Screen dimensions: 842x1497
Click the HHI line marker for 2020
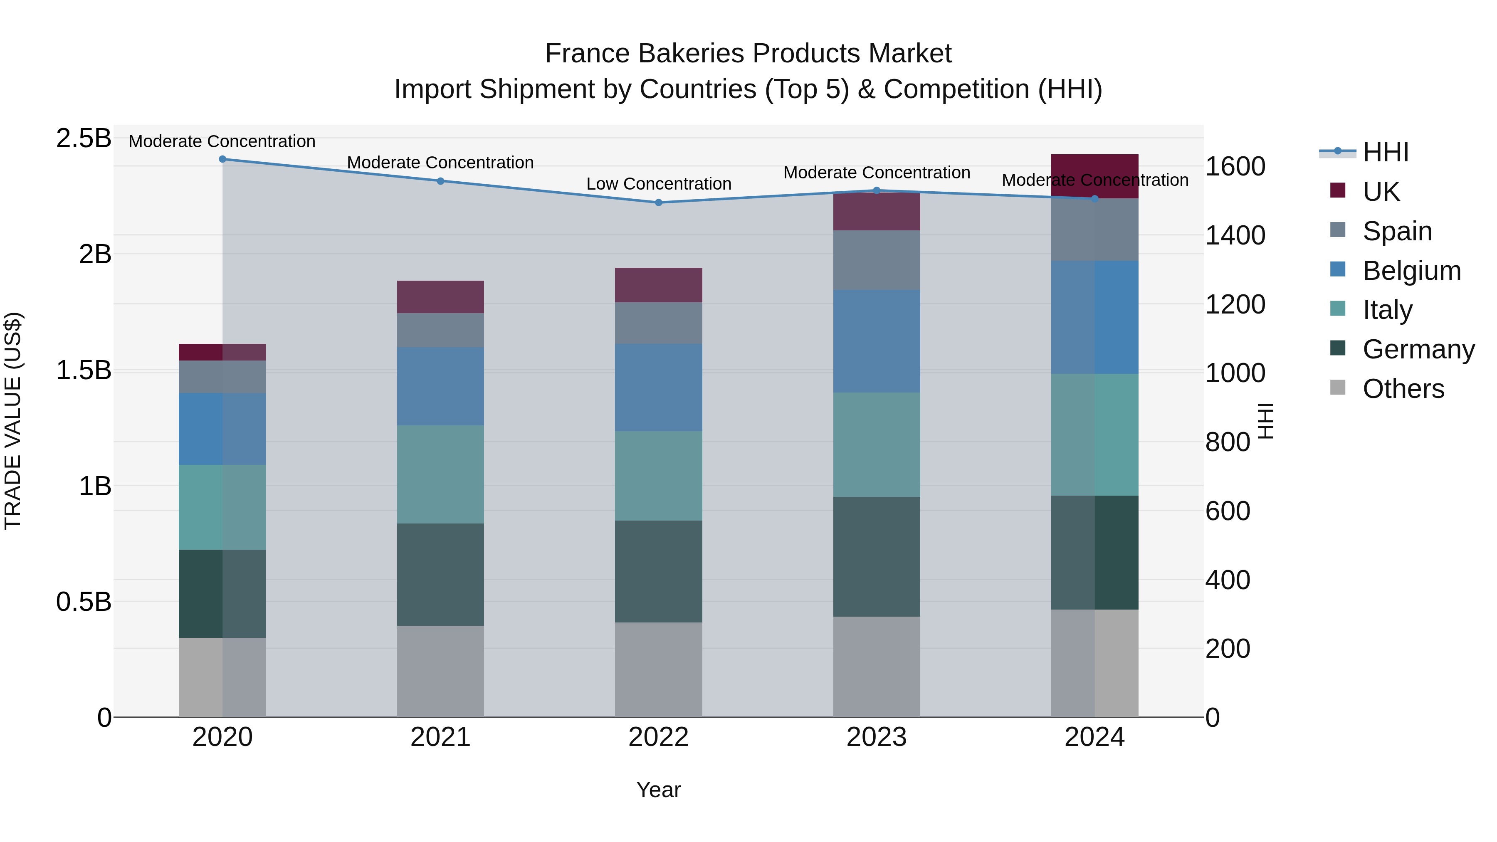(222, 159)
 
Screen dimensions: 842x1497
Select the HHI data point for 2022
(658, 203)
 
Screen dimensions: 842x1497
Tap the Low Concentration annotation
(658, 184)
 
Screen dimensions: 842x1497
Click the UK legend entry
(1381, 192)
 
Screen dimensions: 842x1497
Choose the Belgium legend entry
(1411, 271)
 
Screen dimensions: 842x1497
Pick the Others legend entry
(1403, 389)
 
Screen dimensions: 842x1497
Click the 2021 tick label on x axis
(440, 737)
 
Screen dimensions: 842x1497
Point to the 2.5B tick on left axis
(84, 138)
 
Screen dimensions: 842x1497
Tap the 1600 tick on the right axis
(1235, 167)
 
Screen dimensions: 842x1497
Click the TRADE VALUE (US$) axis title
(13, 421)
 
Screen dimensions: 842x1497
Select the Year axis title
(658, 790)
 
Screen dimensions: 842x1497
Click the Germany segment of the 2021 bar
(440, 574)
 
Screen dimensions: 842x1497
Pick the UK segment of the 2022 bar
(658, 285)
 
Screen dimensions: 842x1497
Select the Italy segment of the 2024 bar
(1095, 434)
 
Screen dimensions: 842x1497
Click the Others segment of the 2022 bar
(658, 669)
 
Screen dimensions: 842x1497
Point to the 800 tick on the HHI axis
(1228, 442)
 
